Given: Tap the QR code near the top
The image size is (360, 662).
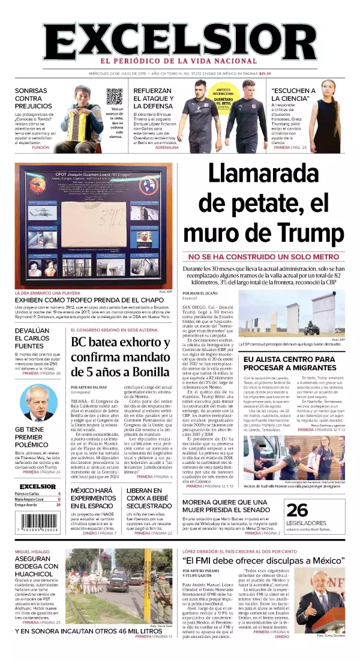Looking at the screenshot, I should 115,97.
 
